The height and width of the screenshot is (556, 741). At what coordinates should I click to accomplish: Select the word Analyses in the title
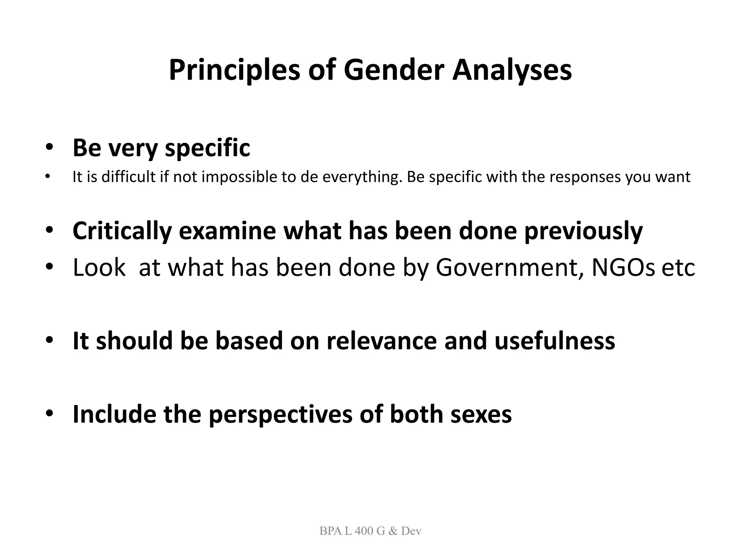(512, 70)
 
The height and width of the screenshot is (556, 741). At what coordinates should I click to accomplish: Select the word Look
(99, 268)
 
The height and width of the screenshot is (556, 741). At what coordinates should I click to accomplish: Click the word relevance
(381, 341)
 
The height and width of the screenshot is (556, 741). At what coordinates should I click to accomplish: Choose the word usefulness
(554, 341)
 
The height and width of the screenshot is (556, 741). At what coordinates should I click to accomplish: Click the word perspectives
(280, 414)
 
